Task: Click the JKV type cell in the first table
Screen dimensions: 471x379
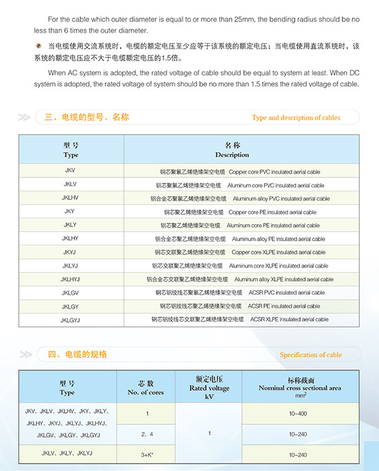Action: [69, 172]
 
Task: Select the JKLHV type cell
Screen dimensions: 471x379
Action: [69, 198]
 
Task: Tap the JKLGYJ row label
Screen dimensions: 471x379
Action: [69, 319]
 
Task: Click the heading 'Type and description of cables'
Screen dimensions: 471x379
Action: [296, 117]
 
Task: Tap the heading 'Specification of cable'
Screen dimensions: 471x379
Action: [310, 355]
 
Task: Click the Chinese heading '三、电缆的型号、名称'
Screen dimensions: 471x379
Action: [87, 117]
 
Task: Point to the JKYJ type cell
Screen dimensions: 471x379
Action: [69, 252]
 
